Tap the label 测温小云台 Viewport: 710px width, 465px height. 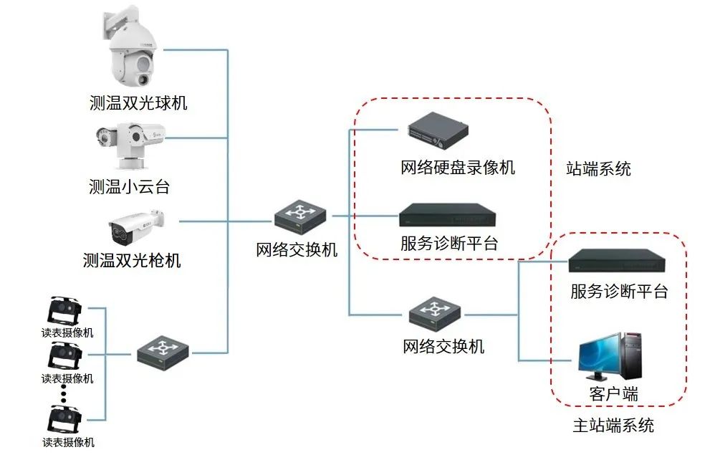(x=130, y=188)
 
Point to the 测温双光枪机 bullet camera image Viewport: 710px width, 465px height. (x=136, y=226)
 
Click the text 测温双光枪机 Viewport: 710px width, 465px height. (x=132, y=260)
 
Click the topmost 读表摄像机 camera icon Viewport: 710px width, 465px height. (x=64, y=311)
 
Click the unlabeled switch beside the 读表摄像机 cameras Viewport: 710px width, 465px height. (x=164, y=350)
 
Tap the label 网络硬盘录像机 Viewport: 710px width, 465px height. (x=458, y=168)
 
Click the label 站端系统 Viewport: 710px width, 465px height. (x=598, y=169)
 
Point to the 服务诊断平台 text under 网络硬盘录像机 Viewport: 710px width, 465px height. (x=449, y=243)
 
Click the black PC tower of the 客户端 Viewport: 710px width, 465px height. (x=633, y=354)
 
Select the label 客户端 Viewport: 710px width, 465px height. (x=613, y=393)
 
